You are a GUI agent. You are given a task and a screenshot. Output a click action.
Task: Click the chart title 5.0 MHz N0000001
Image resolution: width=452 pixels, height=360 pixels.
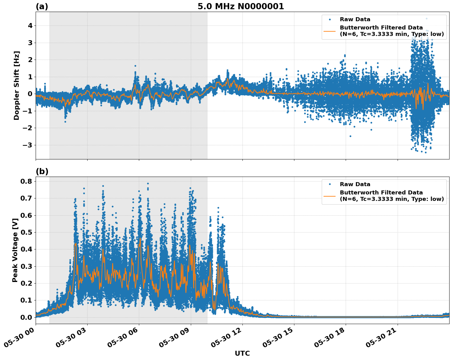[241, 6]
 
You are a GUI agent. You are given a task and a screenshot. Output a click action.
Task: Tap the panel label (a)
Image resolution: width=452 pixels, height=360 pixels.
[42, 6]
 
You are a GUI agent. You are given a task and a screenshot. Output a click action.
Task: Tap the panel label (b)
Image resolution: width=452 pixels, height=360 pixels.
[42, 171]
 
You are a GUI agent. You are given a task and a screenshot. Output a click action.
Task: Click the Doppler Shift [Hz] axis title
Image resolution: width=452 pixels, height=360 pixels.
[17, 85]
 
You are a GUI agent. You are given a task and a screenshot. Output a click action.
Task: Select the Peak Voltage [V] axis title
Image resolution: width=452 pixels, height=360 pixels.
[15, 250]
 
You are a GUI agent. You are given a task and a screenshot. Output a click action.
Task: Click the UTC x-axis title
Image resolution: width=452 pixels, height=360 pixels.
[242, 353]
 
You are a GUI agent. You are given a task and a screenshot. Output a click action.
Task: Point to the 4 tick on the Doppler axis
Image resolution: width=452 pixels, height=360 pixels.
[30, 25]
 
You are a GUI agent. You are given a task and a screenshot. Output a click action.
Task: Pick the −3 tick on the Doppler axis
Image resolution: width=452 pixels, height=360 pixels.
[28, 145]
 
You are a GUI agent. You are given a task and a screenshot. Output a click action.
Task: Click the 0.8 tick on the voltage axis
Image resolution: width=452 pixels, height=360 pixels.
[26, 181]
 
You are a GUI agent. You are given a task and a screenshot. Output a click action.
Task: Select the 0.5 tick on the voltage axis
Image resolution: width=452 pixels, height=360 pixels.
[26, 232]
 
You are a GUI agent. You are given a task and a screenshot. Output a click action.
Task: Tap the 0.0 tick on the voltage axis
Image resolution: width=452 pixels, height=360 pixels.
[26, 317]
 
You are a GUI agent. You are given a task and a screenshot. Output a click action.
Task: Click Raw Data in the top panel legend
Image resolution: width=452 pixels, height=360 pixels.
[355, 19]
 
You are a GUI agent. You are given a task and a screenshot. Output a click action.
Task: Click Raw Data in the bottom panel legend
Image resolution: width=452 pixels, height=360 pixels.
[355, 184]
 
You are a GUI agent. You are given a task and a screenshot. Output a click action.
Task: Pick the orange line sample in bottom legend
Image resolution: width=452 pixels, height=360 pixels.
[329, 196]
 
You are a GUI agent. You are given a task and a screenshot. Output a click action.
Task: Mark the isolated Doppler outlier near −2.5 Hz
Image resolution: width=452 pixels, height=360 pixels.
[350, 136]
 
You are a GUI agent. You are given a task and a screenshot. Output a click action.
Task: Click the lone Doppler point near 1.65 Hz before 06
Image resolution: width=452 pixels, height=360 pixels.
[135, 66]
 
